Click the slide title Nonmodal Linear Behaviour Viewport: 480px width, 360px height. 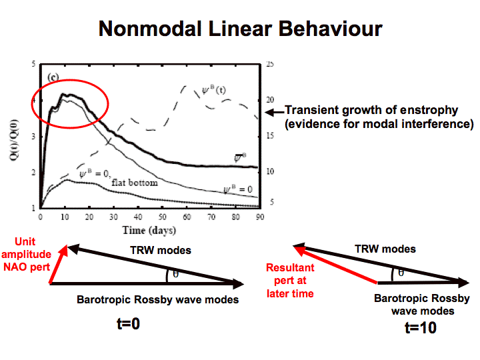(x=240, y=29)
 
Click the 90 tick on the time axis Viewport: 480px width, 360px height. (x=259, y=217)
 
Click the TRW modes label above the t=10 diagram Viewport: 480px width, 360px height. (x=386, y=249)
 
